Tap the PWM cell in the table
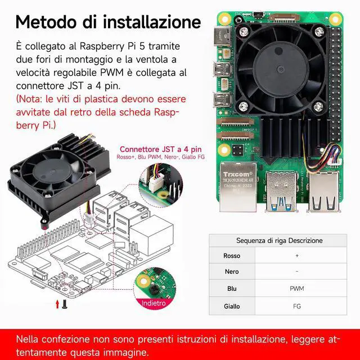click(x=297, y=289)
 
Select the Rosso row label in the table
click(x=232, y=255)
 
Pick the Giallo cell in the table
click(x=232, y=306)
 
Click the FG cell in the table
click(x=297, y=306)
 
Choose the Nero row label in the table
click(x=232, y=272)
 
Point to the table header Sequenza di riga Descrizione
click(x=279, y=240)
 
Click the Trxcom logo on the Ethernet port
click(x=238, y=174)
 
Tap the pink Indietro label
click(x=154, y=303)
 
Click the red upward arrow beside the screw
click(x=57, y=304)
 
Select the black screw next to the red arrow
click(x=65, y=304)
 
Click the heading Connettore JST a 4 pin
click(x=161, y=149)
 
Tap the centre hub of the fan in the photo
click(x=281, y=69)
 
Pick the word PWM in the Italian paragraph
click(x=112, y=73)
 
